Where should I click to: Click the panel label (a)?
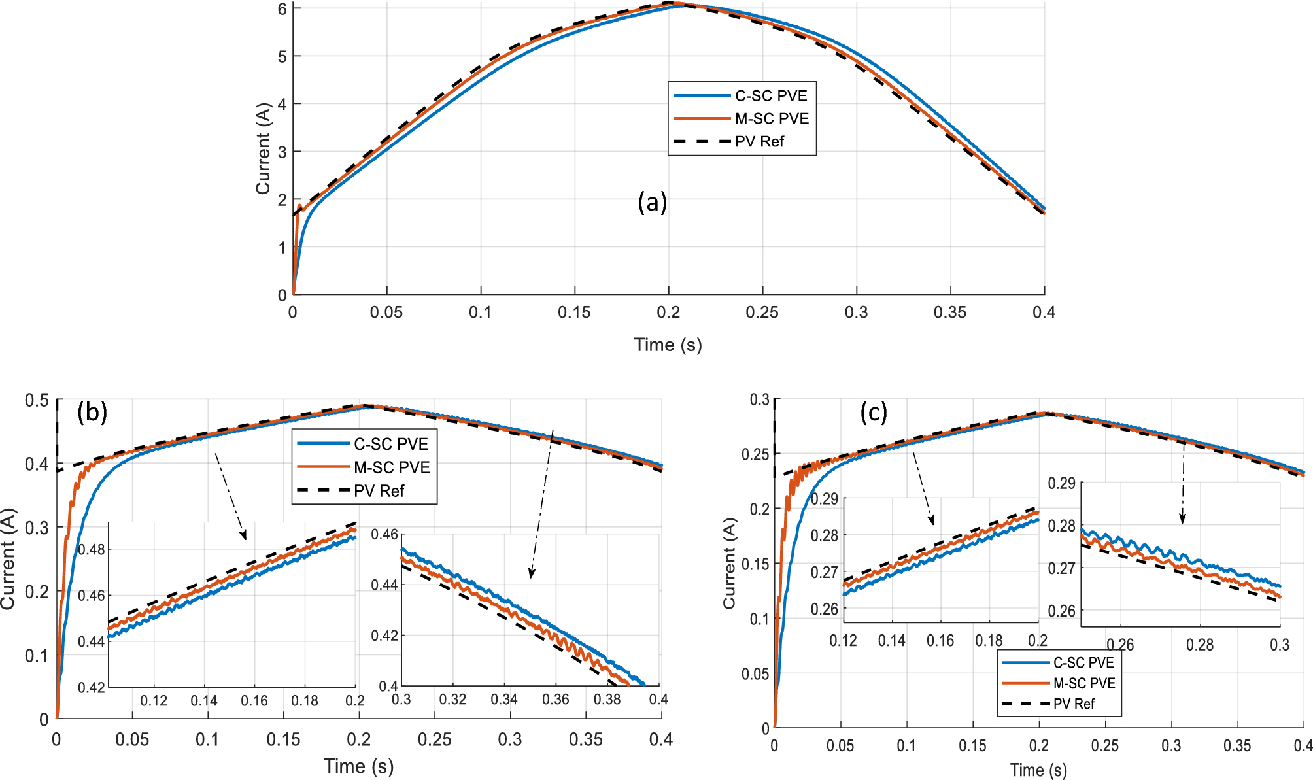(652, 203)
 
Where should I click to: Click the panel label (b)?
(92, 413)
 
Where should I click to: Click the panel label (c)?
(873, 413)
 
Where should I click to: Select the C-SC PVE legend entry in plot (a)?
(770, 96)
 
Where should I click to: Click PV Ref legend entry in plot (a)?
(759, 142)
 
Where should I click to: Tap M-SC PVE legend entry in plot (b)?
(391, 467)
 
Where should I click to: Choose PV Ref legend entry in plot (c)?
(1073, 704)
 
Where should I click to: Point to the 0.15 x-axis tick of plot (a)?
(574, 313)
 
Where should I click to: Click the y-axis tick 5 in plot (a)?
(282, 57)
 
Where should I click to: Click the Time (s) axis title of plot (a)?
(668, 345)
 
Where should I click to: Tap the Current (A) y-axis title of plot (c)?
(729, 564)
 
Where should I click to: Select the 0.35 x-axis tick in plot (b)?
(585, 739)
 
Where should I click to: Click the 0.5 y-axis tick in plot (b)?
(37, 400)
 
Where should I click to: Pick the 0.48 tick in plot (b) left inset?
(92, 549)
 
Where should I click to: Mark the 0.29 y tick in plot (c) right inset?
(1061, 483)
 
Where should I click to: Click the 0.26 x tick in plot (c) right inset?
(1120, 645)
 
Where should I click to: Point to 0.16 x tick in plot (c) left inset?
(940, 641)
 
